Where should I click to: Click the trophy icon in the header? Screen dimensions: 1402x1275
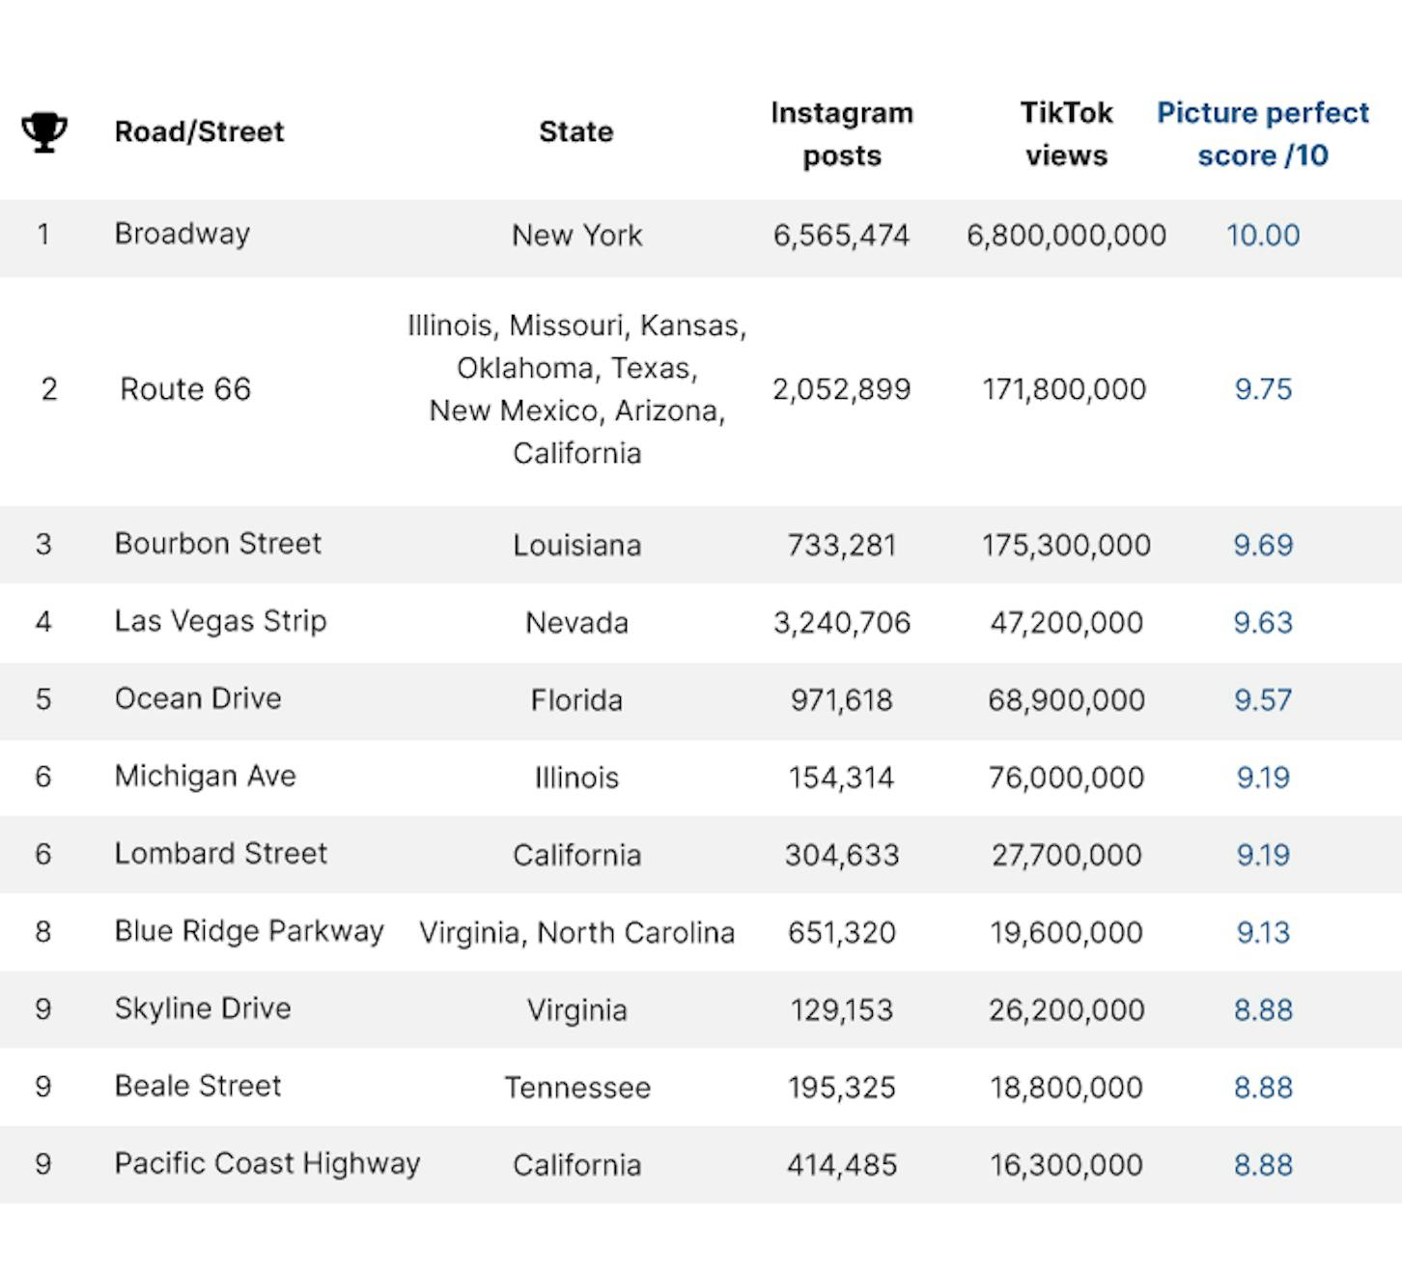click(44, 131)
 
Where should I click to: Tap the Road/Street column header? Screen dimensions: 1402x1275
click(199, 131)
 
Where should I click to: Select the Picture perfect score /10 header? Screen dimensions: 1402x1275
click(1262, 133)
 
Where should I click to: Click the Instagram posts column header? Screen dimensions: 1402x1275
click(841, 133)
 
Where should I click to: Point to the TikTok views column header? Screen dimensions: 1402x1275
click(1067, 133)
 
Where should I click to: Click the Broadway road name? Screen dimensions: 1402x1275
click(182, 235)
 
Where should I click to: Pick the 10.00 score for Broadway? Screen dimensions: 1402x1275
click(1263, 235)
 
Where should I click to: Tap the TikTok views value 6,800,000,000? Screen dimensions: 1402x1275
click(1067, 236)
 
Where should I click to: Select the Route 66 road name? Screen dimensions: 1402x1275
click(185, 389)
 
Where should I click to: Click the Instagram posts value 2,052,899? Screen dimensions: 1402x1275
click(841, 389)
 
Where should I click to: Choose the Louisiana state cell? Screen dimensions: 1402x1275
click(576, 545)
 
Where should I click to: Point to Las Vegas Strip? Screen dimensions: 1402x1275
click(221, 622)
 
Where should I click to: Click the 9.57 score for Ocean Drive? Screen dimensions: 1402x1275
click(1263, 700)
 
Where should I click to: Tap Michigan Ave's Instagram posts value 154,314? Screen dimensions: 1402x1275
click(841, 778)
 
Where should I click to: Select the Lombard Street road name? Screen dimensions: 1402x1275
click(221, 853)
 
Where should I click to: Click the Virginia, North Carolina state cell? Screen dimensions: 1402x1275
click(576, 933)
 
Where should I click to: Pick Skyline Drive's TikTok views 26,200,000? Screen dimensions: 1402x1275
click(1067, 1010)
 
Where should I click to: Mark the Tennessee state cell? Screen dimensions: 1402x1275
click(577, 1088)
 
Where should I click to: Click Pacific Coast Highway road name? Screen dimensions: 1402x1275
click(267, 1164)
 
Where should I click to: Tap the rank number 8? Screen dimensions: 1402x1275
click(43, 931)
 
